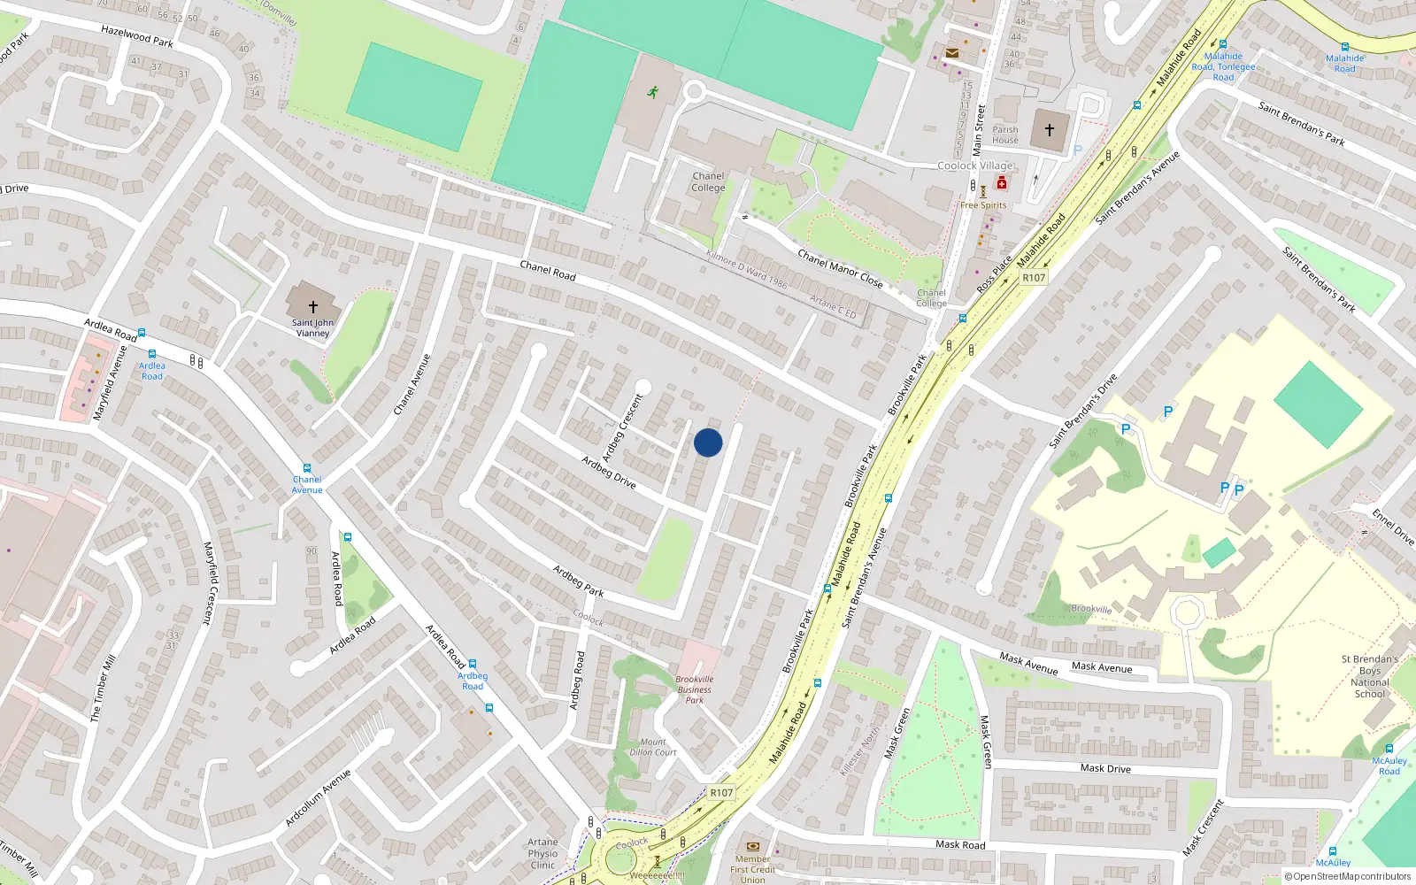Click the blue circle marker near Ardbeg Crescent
click(708, 442)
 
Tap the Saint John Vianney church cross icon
click(313, 306)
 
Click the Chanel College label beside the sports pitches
click(708, 182)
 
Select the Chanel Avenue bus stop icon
click(307, 468)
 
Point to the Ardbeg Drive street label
click(609, 472)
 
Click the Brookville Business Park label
click(695, 689)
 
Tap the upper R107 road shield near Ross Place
click(1034, 278)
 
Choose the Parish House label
click(1005, 135)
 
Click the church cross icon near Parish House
click(1050, 130)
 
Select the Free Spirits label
click(983, 205)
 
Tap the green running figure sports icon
click(653, 91)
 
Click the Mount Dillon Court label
click(653, 748)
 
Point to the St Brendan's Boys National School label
click(1369, 676)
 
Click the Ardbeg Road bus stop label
click(473, 681)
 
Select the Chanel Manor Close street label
click(840, 268)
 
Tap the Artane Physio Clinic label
click(543, 854)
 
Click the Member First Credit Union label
click(752, 869)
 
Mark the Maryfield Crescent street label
click(210, 583)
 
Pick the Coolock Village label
click(975, 165)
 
